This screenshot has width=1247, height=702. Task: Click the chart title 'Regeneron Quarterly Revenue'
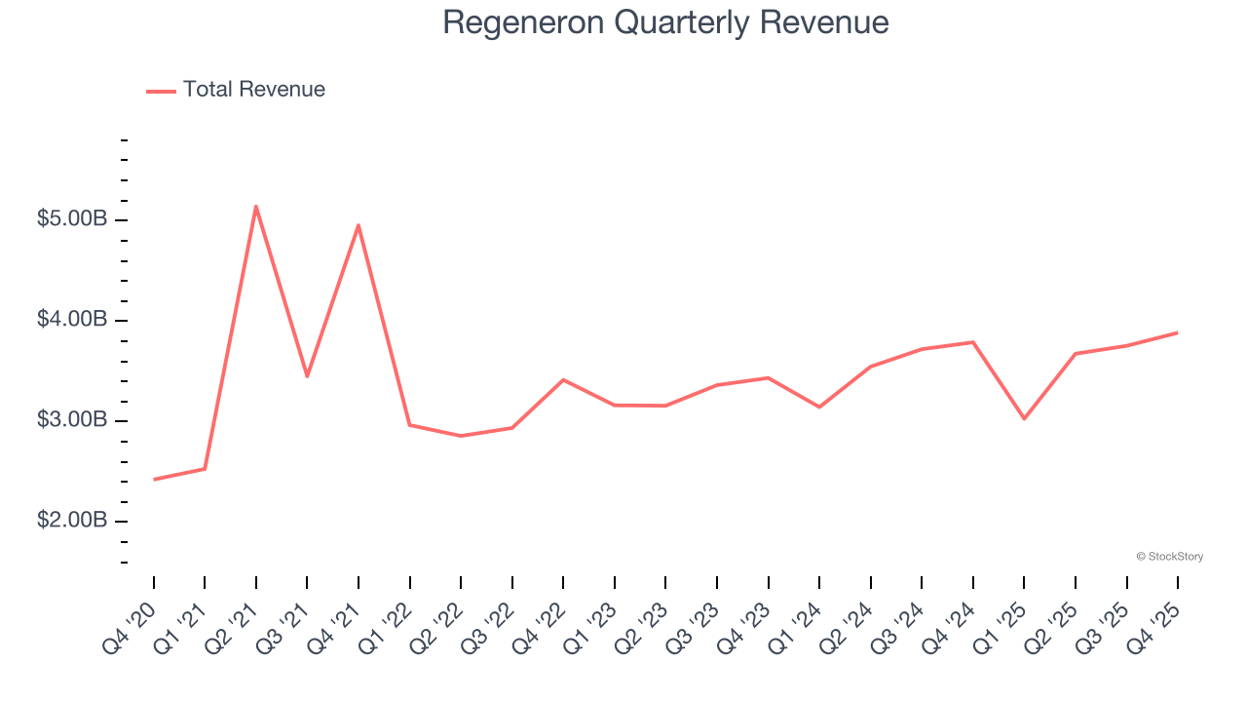665,22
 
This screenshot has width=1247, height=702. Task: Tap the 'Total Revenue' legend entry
236,90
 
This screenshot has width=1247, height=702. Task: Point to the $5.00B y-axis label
71,219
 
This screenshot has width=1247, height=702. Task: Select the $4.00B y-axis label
71,320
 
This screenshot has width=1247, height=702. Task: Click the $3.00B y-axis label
71,420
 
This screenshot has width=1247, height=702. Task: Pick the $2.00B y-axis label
71,521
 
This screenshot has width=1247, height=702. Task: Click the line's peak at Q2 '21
255,206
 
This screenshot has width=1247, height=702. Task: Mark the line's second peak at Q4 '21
359,225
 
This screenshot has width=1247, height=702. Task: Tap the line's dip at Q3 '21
307,376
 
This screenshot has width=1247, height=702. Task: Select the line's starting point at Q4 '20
154,480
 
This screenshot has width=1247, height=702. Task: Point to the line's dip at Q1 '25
1024,419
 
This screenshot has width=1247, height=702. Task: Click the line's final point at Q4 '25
1177,332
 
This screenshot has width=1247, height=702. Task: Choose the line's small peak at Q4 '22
563,379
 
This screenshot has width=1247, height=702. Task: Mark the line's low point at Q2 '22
461,436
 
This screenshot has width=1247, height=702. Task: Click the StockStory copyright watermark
1169,557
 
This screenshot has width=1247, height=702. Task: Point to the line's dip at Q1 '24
819,407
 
